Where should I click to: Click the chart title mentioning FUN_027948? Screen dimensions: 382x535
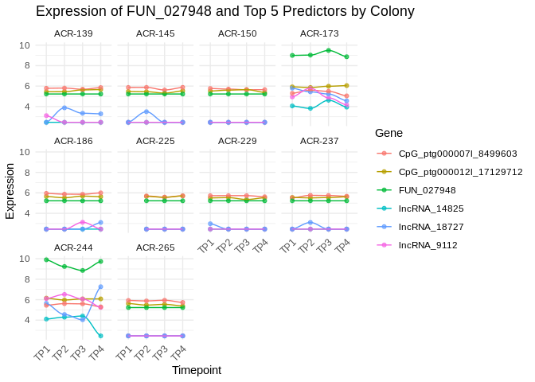[x=225, y=12]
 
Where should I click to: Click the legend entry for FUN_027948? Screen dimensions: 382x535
[x=429, y=190]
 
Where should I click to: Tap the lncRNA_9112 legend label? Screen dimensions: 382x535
[x=427, y=245]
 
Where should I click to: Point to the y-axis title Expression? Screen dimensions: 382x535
[x=10, y=191]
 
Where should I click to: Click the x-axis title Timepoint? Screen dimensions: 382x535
[x=197, y=370]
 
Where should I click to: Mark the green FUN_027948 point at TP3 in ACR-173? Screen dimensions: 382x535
[x=329, y=50]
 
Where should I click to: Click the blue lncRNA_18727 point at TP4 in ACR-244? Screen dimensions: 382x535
[x=101, y=286]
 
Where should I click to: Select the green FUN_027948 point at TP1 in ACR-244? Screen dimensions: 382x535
[x=46, y=259]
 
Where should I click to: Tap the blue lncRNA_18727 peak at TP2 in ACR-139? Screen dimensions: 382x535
[x=64, y=107]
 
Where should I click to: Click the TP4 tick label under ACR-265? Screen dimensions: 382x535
[x=180, y=351]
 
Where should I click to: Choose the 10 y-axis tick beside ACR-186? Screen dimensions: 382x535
[x=25, y=152]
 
